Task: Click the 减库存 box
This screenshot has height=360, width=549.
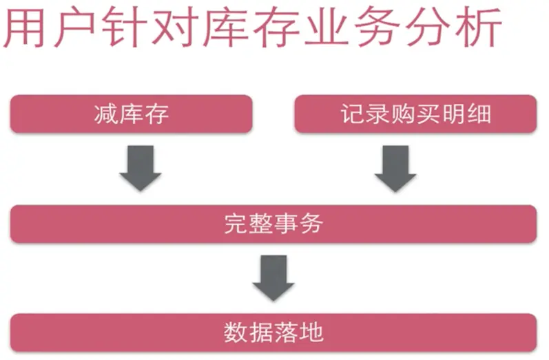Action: (x=131, y=114)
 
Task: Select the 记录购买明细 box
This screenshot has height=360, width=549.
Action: (x=415, y=114)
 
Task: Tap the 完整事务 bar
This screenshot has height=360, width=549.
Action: (x=273, y=224)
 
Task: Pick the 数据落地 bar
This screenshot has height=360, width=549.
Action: (x=273, y=332)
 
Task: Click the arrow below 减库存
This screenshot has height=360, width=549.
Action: (x=140, y=168)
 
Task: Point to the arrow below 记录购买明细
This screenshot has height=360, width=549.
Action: (x=395, y=168)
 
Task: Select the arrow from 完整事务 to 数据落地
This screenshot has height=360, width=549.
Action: (x=273, y=277)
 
